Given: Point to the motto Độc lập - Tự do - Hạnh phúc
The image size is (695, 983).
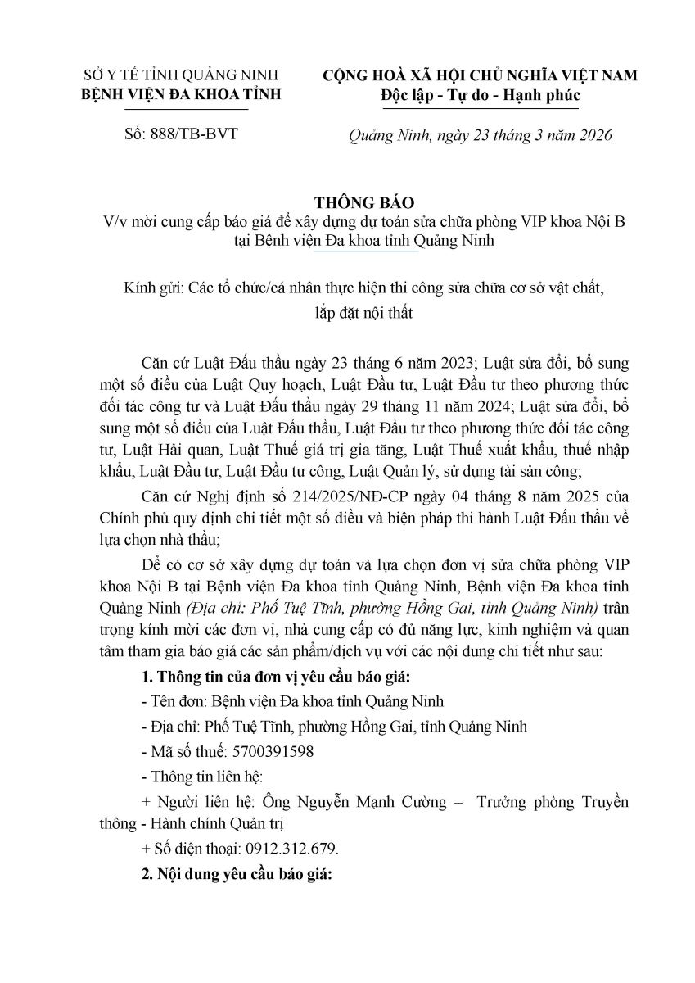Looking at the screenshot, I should pos(469,95).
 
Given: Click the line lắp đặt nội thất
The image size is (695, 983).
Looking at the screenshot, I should pos(347,312).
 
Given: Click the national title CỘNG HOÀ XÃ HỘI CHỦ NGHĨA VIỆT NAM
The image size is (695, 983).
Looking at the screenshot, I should pos(468,75).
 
